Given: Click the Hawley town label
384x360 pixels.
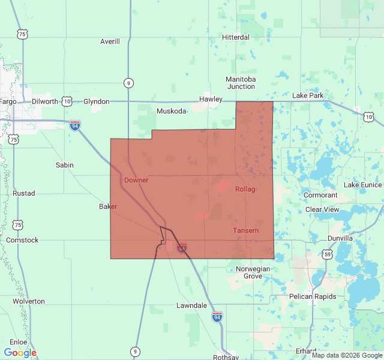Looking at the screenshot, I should pos(211,99).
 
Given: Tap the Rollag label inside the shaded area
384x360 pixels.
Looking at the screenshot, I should pos(245,189).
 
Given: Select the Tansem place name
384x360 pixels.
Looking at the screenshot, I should pos(245,230).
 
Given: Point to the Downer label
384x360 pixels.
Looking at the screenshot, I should pos(136,180).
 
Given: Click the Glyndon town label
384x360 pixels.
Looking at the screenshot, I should pos(96,101).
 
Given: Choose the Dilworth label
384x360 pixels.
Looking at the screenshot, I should pos(44,101).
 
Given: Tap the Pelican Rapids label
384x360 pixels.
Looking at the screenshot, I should pos(310,296).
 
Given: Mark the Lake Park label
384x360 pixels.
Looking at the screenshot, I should pos(307,95).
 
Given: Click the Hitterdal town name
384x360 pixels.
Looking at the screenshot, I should pos(235,37).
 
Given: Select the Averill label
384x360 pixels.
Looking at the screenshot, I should pos(110,41).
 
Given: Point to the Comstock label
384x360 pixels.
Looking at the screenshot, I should pos(22,240).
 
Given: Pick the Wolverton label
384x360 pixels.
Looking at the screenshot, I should pos(28,301).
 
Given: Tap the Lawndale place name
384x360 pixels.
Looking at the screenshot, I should pos(191,305).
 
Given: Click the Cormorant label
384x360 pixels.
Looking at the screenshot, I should pos(320,195).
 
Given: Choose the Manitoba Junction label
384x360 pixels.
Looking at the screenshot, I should pos(241,83).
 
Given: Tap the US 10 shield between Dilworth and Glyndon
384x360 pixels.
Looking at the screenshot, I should pos(66,101).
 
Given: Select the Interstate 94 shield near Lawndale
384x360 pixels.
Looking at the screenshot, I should pos(217,316).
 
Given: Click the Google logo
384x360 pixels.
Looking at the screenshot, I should pos(20,353).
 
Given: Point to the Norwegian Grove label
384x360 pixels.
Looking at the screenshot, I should pos(253,272).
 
